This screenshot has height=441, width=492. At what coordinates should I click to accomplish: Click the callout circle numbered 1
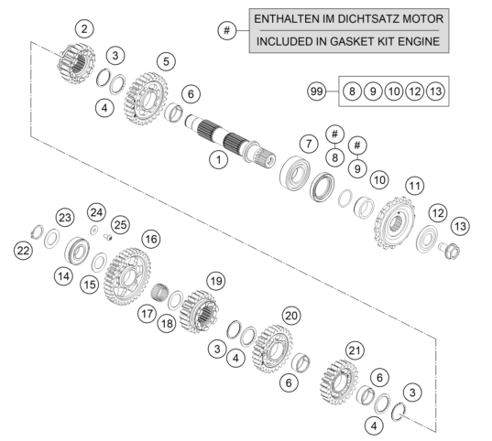tap(219, 160)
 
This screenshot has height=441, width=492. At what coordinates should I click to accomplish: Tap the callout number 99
tap(316, 91)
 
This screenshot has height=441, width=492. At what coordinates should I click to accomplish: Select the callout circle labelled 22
tap(23, 251)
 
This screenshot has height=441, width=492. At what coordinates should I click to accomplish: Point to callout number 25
tap(120, 225)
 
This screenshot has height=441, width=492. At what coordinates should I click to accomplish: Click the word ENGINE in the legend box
tap(419, 42)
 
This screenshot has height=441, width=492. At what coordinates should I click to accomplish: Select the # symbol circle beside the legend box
tap(227, 30)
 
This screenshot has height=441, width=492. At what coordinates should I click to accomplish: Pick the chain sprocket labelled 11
tap(395, 223)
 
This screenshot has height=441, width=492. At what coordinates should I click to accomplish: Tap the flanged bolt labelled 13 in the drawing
tap(450, 250)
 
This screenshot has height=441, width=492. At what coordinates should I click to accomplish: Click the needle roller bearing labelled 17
tap(159, 291)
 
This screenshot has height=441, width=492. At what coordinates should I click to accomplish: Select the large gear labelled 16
tap(127, 276)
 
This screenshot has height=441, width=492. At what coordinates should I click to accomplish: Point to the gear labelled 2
tap(76, 63)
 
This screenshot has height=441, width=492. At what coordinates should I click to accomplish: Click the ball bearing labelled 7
tap(295, 173)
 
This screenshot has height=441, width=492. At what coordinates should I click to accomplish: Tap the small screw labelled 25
tap(108, 237)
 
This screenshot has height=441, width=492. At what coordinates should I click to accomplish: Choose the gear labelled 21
tap(339, 382)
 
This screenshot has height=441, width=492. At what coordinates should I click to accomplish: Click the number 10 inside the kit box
tap(394, 91)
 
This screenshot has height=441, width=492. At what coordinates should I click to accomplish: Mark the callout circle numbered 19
tap(216, 281)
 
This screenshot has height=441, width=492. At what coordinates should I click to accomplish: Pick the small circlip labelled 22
tap(38, 232)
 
